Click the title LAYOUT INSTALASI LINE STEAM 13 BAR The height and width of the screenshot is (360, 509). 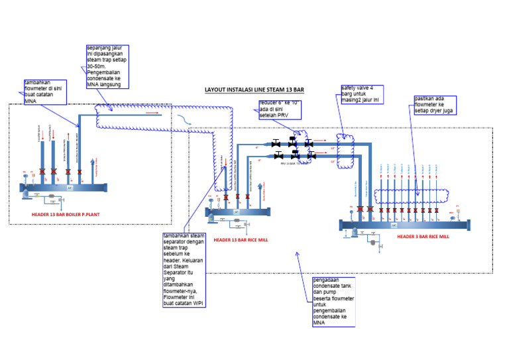pos(254,90)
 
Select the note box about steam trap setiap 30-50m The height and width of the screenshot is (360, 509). pos(108,66)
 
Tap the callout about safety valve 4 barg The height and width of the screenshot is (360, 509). pos(361,94)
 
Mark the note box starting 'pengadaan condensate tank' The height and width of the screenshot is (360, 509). pos(334,302)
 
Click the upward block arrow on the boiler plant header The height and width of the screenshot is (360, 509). pos(70,188)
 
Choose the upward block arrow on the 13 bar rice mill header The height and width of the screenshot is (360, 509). pos(237,211)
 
